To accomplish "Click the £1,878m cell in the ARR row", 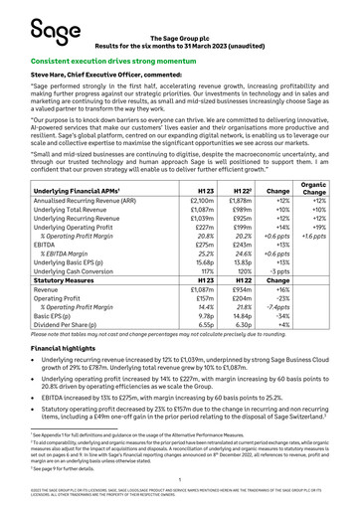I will (240, 173).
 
